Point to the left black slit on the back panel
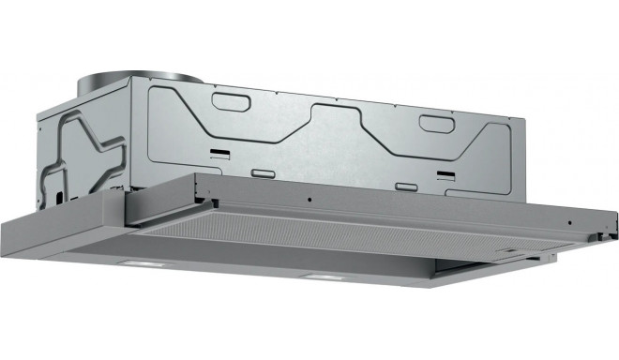tap(217, 151)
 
